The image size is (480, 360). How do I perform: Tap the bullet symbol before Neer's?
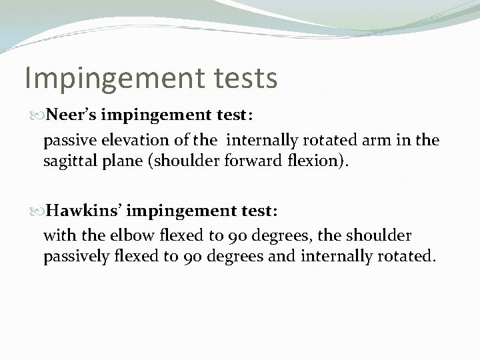[x=38, y=115]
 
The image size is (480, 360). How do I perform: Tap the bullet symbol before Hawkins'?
[x=38, y=211]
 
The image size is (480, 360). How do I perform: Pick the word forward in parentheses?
[x=252, y=161]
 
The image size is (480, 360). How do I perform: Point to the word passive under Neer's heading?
[x=67, y=141]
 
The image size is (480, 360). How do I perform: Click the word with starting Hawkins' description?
[x=57, y=235]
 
